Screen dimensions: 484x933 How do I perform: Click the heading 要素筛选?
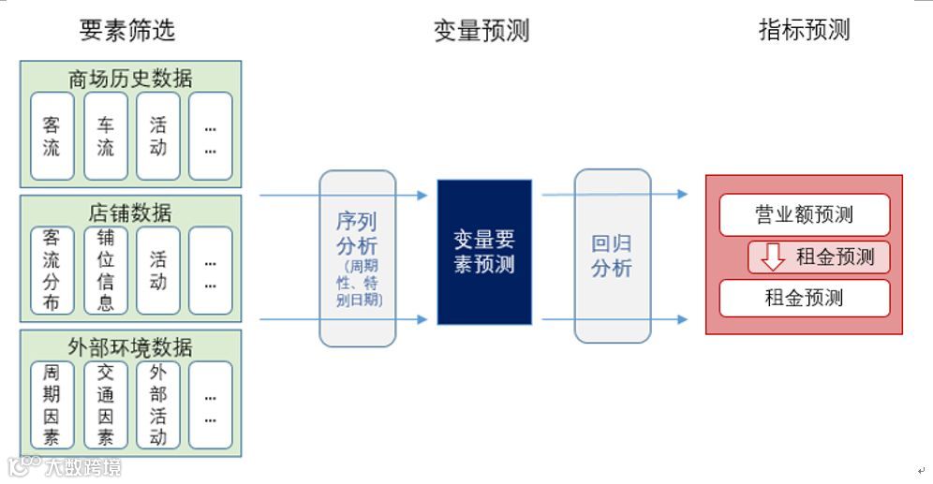point(127,30)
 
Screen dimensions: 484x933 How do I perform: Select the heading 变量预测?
point(481,30)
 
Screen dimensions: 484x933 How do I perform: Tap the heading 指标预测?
point(804,30)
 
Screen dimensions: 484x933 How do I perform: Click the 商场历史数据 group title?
point(130,78)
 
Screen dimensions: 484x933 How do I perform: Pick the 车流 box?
point(105,136)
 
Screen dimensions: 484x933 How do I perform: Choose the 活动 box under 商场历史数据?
point(157,136)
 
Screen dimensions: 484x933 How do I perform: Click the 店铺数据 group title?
point(130,212)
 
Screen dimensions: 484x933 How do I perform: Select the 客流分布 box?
point(52,271)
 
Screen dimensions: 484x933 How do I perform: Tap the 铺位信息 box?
point(105,271)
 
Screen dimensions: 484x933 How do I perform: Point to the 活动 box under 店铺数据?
point(157,271)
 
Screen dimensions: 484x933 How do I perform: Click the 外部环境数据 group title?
point(130,347)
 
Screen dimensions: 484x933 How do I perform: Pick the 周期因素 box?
point(52,404)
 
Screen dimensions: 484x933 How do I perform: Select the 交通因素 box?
point(105,404)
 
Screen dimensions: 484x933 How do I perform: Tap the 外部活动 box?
point(157,404)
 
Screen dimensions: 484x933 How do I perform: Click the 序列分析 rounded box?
point(357,257)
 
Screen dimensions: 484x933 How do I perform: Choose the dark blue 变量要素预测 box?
point(484,252)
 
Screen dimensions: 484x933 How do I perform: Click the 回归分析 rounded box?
point(612,256)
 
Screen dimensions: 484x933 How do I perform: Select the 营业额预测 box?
point(804,214)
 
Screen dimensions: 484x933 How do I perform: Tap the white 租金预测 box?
point(804,299)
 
